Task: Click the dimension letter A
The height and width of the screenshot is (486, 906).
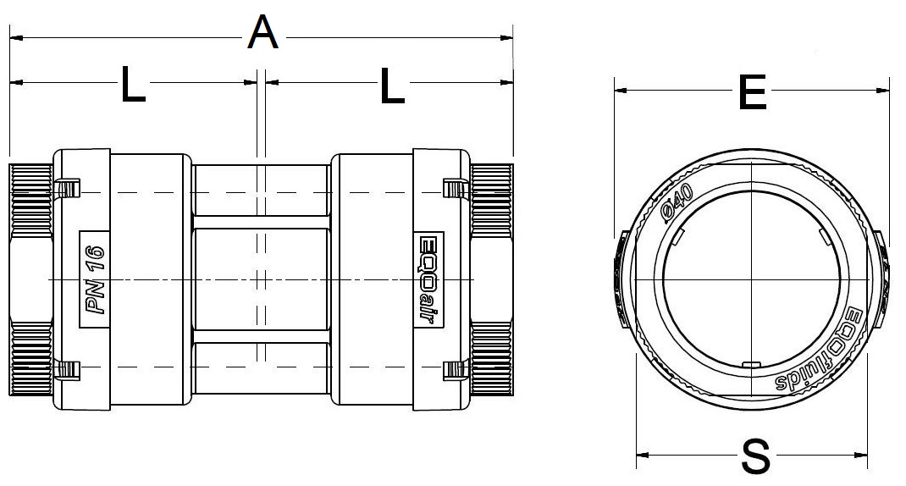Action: coord(263,35)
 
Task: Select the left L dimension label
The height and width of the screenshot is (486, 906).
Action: coord(133,85)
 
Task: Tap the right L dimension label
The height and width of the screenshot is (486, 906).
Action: coord(391,85)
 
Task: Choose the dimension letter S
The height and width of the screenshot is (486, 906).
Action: coord(754,458)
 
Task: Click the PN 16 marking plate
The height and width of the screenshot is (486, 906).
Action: coord(94,279)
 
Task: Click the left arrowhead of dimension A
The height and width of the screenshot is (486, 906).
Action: coord(14,37)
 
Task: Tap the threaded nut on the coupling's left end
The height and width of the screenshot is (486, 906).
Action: coord(30,279)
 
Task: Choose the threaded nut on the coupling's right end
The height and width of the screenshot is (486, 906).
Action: coord(492,279)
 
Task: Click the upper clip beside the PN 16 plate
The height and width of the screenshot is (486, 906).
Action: coord(67,186)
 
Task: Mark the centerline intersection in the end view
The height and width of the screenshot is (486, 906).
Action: coord(752,279)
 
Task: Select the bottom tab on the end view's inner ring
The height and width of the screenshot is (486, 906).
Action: coord(749,365)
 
